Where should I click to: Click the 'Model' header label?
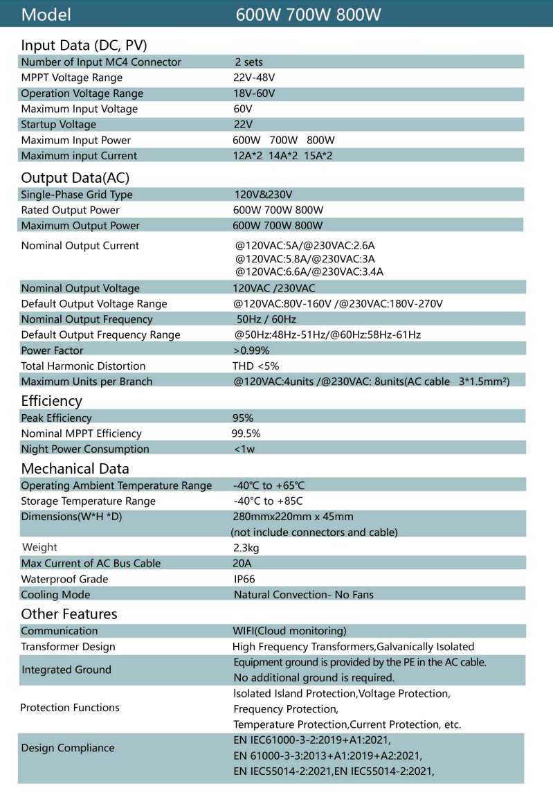pos(46,15)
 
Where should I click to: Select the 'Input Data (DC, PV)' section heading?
pos(84,46)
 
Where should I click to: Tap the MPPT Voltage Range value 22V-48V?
pos(254,78)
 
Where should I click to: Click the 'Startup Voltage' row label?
pos(59,125)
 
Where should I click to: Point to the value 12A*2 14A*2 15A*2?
pos(282,156)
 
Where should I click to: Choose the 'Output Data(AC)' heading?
pos(75,178)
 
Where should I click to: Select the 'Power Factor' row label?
pos(52,350)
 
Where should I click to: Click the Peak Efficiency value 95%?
pos(243,418)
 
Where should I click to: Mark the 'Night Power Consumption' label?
pos(85,449)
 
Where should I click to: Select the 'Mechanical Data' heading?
pos(75,468)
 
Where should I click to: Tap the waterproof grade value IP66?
pos(245,579)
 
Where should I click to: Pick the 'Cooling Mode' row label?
pos(55,594)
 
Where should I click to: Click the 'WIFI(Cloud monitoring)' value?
pos(289,631)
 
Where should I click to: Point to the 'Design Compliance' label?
pos(68,748)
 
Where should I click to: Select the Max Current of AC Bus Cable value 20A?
pos(242,563)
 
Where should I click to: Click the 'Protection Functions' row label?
pos(69,708)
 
